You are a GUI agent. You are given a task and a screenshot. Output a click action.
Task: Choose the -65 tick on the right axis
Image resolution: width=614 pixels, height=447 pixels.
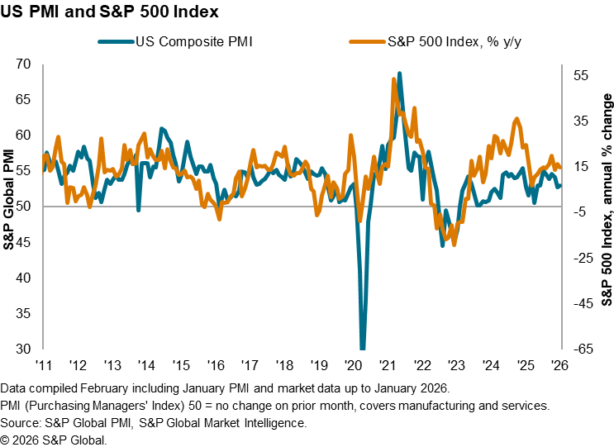coord(581,349)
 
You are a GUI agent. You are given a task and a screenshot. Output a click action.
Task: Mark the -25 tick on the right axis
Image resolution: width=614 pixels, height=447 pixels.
coord(581,258)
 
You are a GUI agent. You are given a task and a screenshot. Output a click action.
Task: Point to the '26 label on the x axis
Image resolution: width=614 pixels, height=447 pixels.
coord(559,365)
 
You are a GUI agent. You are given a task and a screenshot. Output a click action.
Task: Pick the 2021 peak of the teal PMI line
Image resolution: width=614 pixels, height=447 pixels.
coord(400,74)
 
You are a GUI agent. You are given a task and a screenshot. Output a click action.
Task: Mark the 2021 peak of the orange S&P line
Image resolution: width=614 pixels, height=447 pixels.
coord(393,79)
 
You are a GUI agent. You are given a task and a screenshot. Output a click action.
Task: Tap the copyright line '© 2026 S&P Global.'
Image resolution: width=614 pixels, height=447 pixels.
coord(54,439)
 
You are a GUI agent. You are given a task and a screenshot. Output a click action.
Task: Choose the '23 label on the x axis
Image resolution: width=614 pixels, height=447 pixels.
coord(456,365)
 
